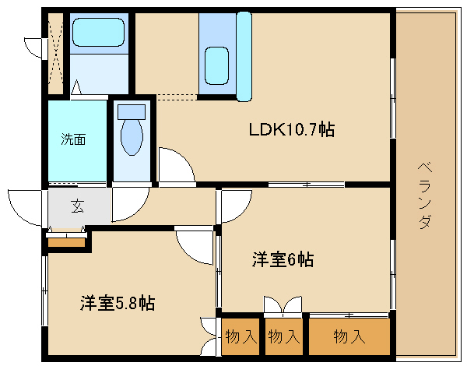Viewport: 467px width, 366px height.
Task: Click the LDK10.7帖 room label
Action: tap(291, 129)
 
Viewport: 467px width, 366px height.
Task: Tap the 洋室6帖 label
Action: tap(282, 260)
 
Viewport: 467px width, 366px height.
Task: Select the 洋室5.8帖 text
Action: tap(117, 303)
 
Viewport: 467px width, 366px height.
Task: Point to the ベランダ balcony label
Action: tap(424, 195)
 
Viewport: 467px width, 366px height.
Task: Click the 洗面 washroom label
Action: tap(74, 140)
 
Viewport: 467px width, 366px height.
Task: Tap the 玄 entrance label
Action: tap(78, 206)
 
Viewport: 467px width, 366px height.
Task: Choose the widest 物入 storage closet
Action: tap(349, 336)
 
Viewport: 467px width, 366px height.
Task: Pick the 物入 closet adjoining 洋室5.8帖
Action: tap(241, 336)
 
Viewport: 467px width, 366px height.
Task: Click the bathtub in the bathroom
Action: tap(98, 33)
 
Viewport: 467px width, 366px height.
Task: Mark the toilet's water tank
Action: tap(133, 111)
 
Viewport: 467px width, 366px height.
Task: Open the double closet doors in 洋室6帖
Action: tap(282, 304)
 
